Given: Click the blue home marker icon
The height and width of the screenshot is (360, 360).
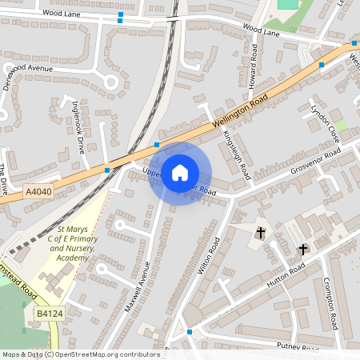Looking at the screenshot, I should pos(180,172).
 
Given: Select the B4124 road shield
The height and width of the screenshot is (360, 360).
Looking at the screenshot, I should pos(49,315).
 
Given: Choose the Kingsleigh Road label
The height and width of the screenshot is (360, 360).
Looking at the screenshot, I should pos(237,154).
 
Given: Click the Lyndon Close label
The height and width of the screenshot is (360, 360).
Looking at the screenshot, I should pos(325,122).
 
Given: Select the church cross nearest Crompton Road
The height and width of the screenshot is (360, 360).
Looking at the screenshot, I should pos(302,250).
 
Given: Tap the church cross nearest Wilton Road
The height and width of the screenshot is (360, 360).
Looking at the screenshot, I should pos(260,233).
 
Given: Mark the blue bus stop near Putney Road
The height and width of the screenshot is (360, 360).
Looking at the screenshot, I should pos(190,331).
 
